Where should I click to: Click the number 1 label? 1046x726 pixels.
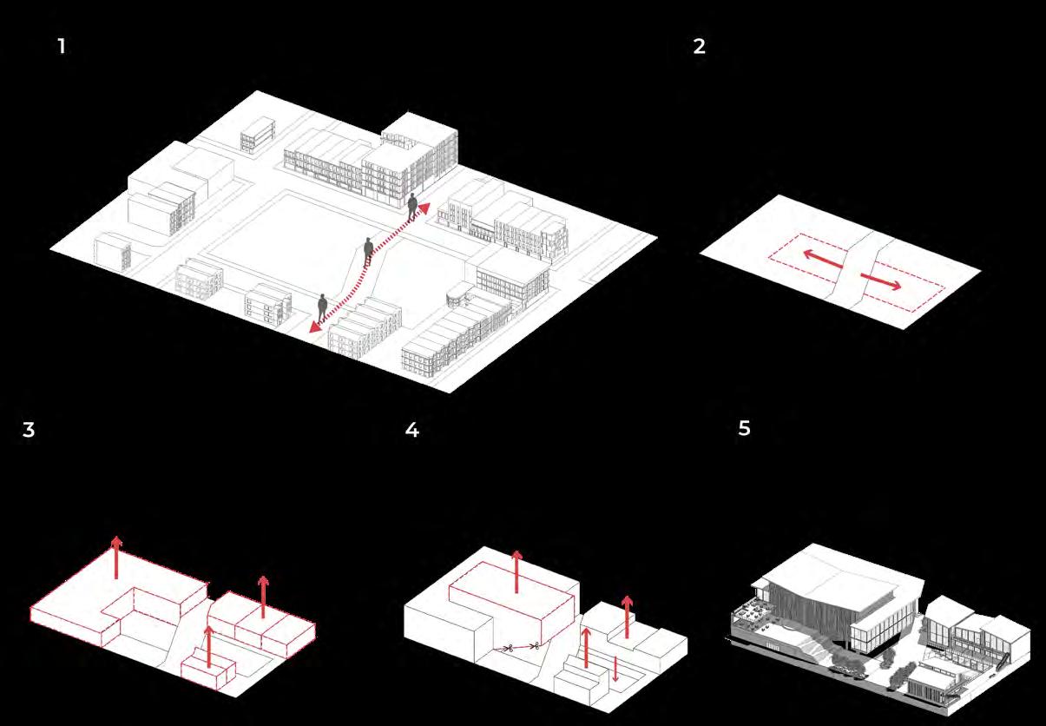pyautogui.click(x=62, y=47)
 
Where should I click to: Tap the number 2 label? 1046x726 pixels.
pyautogui.click(x=700, y=47)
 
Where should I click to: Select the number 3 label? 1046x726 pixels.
pyautogui.click(x=29, y=430)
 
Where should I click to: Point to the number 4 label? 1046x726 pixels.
pyautogui.click(x=411, y=430)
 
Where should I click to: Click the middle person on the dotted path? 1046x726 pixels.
pyautogui.click(x=368, y=251)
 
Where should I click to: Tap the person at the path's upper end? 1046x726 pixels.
pyautogui.click(x=413, y=207)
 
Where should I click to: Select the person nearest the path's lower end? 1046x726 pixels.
pyautogui.click(x=322, y=307)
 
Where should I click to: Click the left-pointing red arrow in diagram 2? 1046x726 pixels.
pyautogui.click(x=819, y=257)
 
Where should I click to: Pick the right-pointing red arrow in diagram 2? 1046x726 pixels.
pyautogui.click(x=881, y=279)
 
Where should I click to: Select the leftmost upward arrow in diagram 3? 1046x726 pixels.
pyautogui.click(x=116, y=557)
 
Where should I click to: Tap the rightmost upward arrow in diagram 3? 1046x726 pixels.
pyautogui.click(x=263, y=596)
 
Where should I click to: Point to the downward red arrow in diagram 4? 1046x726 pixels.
pyautogui.click(x=615, y=669)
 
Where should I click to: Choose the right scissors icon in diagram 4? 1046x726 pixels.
pyautogui.click(x=536, y=645)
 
